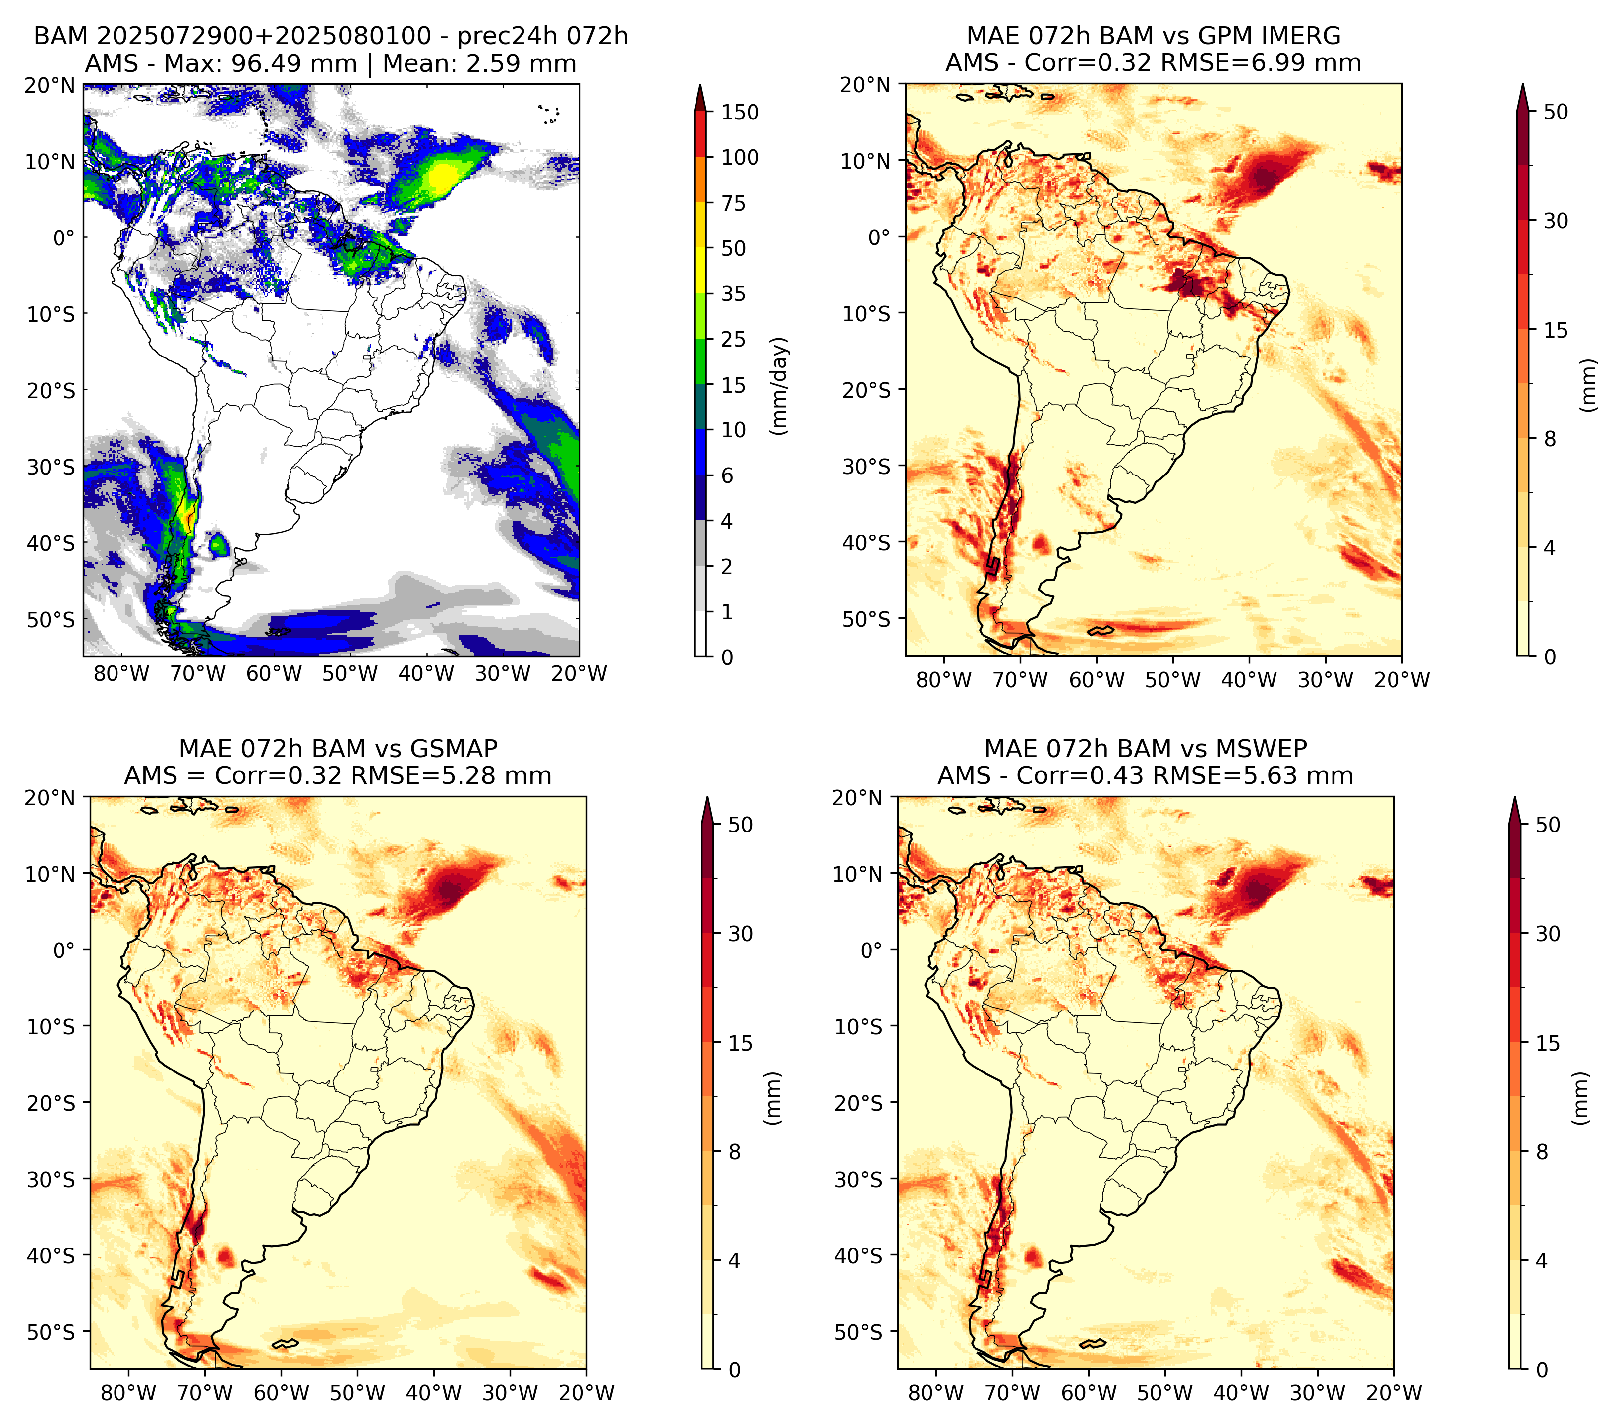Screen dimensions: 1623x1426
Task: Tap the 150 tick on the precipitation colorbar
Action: [739, 112]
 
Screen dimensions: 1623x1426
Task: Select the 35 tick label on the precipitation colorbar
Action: [733, 294]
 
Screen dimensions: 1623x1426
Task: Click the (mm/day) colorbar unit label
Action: [781, 386]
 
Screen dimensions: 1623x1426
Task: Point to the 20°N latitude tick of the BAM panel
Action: [49, 85]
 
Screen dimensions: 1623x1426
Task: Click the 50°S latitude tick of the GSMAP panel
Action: [52, 1331]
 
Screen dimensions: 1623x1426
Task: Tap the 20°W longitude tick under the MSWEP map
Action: [1393, 1393]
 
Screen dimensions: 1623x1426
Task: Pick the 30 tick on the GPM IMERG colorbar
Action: [1556, 221]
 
